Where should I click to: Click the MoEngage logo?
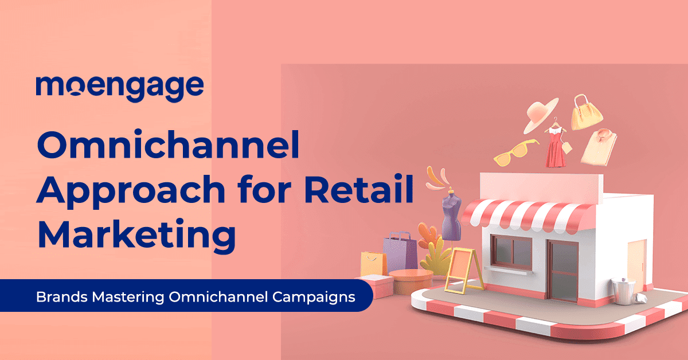tap(119, 87)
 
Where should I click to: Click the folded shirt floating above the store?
tap(598, 144)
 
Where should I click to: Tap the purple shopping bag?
tap(400, 253)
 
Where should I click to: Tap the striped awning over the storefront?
tap(519, 214)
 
